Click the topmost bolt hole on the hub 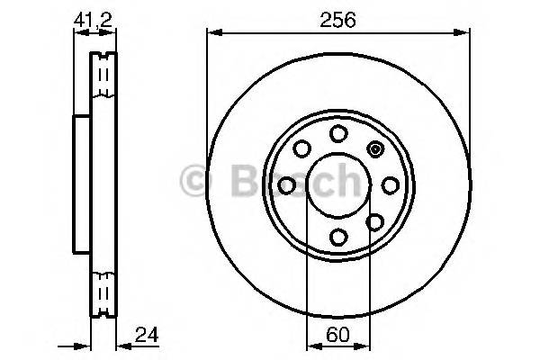coord(338,134)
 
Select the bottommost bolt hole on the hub coord(338,237)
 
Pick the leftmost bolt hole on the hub coord(287,185)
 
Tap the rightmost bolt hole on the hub coord(391,185)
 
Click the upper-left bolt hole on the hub coord(301,148)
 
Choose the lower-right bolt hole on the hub coord(375,222)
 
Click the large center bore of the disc coord(338,185)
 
